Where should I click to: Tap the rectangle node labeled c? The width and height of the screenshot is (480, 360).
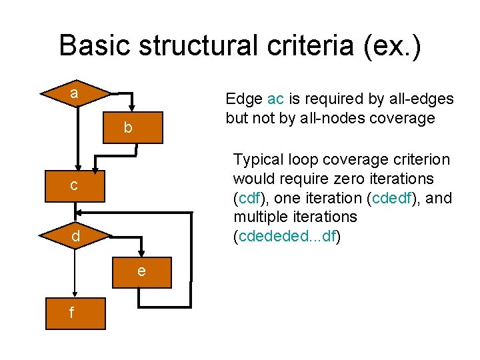[76, 185]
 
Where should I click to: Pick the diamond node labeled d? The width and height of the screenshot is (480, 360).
[76, 236]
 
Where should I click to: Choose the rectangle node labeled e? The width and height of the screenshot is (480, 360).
[142, 271]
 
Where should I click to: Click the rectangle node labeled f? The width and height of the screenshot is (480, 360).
[73, 312]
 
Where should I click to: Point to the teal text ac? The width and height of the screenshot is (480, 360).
[275, 99]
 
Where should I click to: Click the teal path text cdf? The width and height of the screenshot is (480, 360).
[249, 198]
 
